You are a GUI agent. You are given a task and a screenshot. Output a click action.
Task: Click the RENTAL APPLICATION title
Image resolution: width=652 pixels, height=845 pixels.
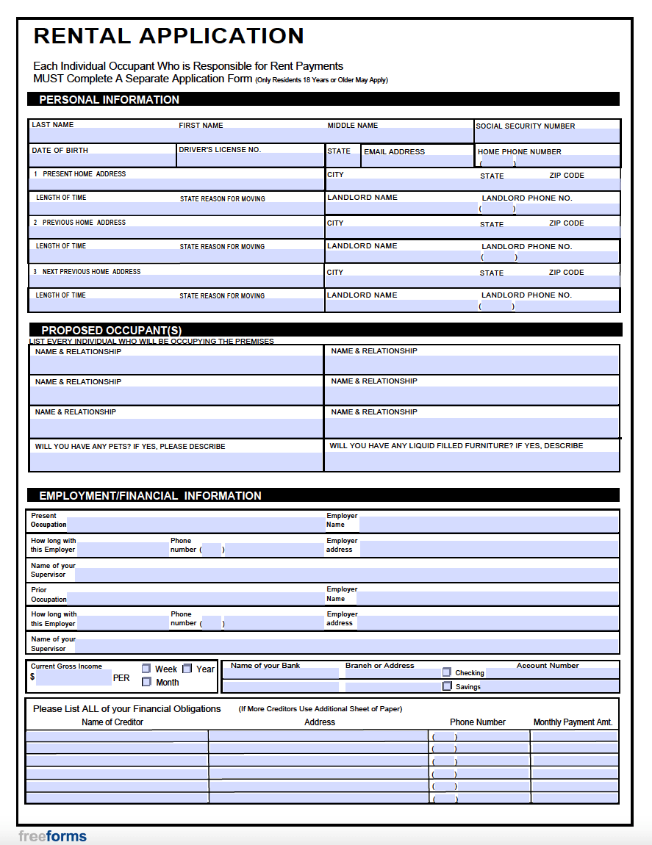tap(168, 36)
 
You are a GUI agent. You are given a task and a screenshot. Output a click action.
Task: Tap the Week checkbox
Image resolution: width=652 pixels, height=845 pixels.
tap(146, 669)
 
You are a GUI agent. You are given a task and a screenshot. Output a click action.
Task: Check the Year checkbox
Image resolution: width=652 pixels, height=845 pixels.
tap(187, 669)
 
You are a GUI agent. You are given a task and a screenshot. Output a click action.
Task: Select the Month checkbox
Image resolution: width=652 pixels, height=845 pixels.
tap(146, 682)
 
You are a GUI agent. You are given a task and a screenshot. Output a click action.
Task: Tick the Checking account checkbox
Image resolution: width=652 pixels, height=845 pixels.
tap(447, 672)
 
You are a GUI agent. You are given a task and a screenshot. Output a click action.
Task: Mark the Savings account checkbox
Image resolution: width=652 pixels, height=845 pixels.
tap(447, 686)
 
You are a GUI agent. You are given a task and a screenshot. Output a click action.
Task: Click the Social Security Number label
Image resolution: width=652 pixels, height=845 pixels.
tap(525, 126)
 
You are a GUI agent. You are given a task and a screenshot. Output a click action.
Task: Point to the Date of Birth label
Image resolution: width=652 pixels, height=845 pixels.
tap(60, 151)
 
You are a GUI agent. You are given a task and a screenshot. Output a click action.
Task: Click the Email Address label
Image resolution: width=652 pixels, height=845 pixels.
tap(394, 152)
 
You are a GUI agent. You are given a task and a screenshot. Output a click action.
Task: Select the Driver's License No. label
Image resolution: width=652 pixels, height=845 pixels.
tap(220, 150)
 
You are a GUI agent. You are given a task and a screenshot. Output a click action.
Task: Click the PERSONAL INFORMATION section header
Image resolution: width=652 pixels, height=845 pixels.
tap(109, 100)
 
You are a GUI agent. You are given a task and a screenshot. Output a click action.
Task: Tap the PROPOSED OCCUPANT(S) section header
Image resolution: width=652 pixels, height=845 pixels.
tap(111, 331)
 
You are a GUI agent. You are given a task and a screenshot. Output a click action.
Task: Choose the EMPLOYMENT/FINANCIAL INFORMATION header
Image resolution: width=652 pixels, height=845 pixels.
tap(150, 496)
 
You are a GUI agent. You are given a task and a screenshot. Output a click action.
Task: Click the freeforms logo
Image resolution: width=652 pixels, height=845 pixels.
tap(52, 836)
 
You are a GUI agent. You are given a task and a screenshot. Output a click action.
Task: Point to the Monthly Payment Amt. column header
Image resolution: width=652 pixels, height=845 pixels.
tap(573, 722)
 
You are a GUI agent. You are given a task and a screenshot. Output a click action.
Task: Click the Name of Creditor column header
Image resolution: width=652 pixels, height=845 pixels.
tap(112, 722)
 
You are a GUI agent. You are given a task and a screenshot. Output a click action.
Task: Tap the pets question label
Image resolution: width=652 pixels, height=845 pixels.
tap(130, 447)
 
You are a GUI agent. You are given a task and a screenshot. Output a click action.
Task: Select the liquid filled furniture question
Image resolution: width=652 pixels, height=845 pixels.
tap(456, 446)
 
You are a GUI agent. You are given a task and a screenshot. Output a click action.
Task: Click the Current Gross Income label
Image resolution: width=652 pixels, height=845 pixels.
tap(66, 666)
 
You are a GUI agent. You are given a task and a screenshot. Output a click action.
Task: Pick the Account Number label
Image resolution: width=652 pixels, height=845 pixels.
tap(548, 666)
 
